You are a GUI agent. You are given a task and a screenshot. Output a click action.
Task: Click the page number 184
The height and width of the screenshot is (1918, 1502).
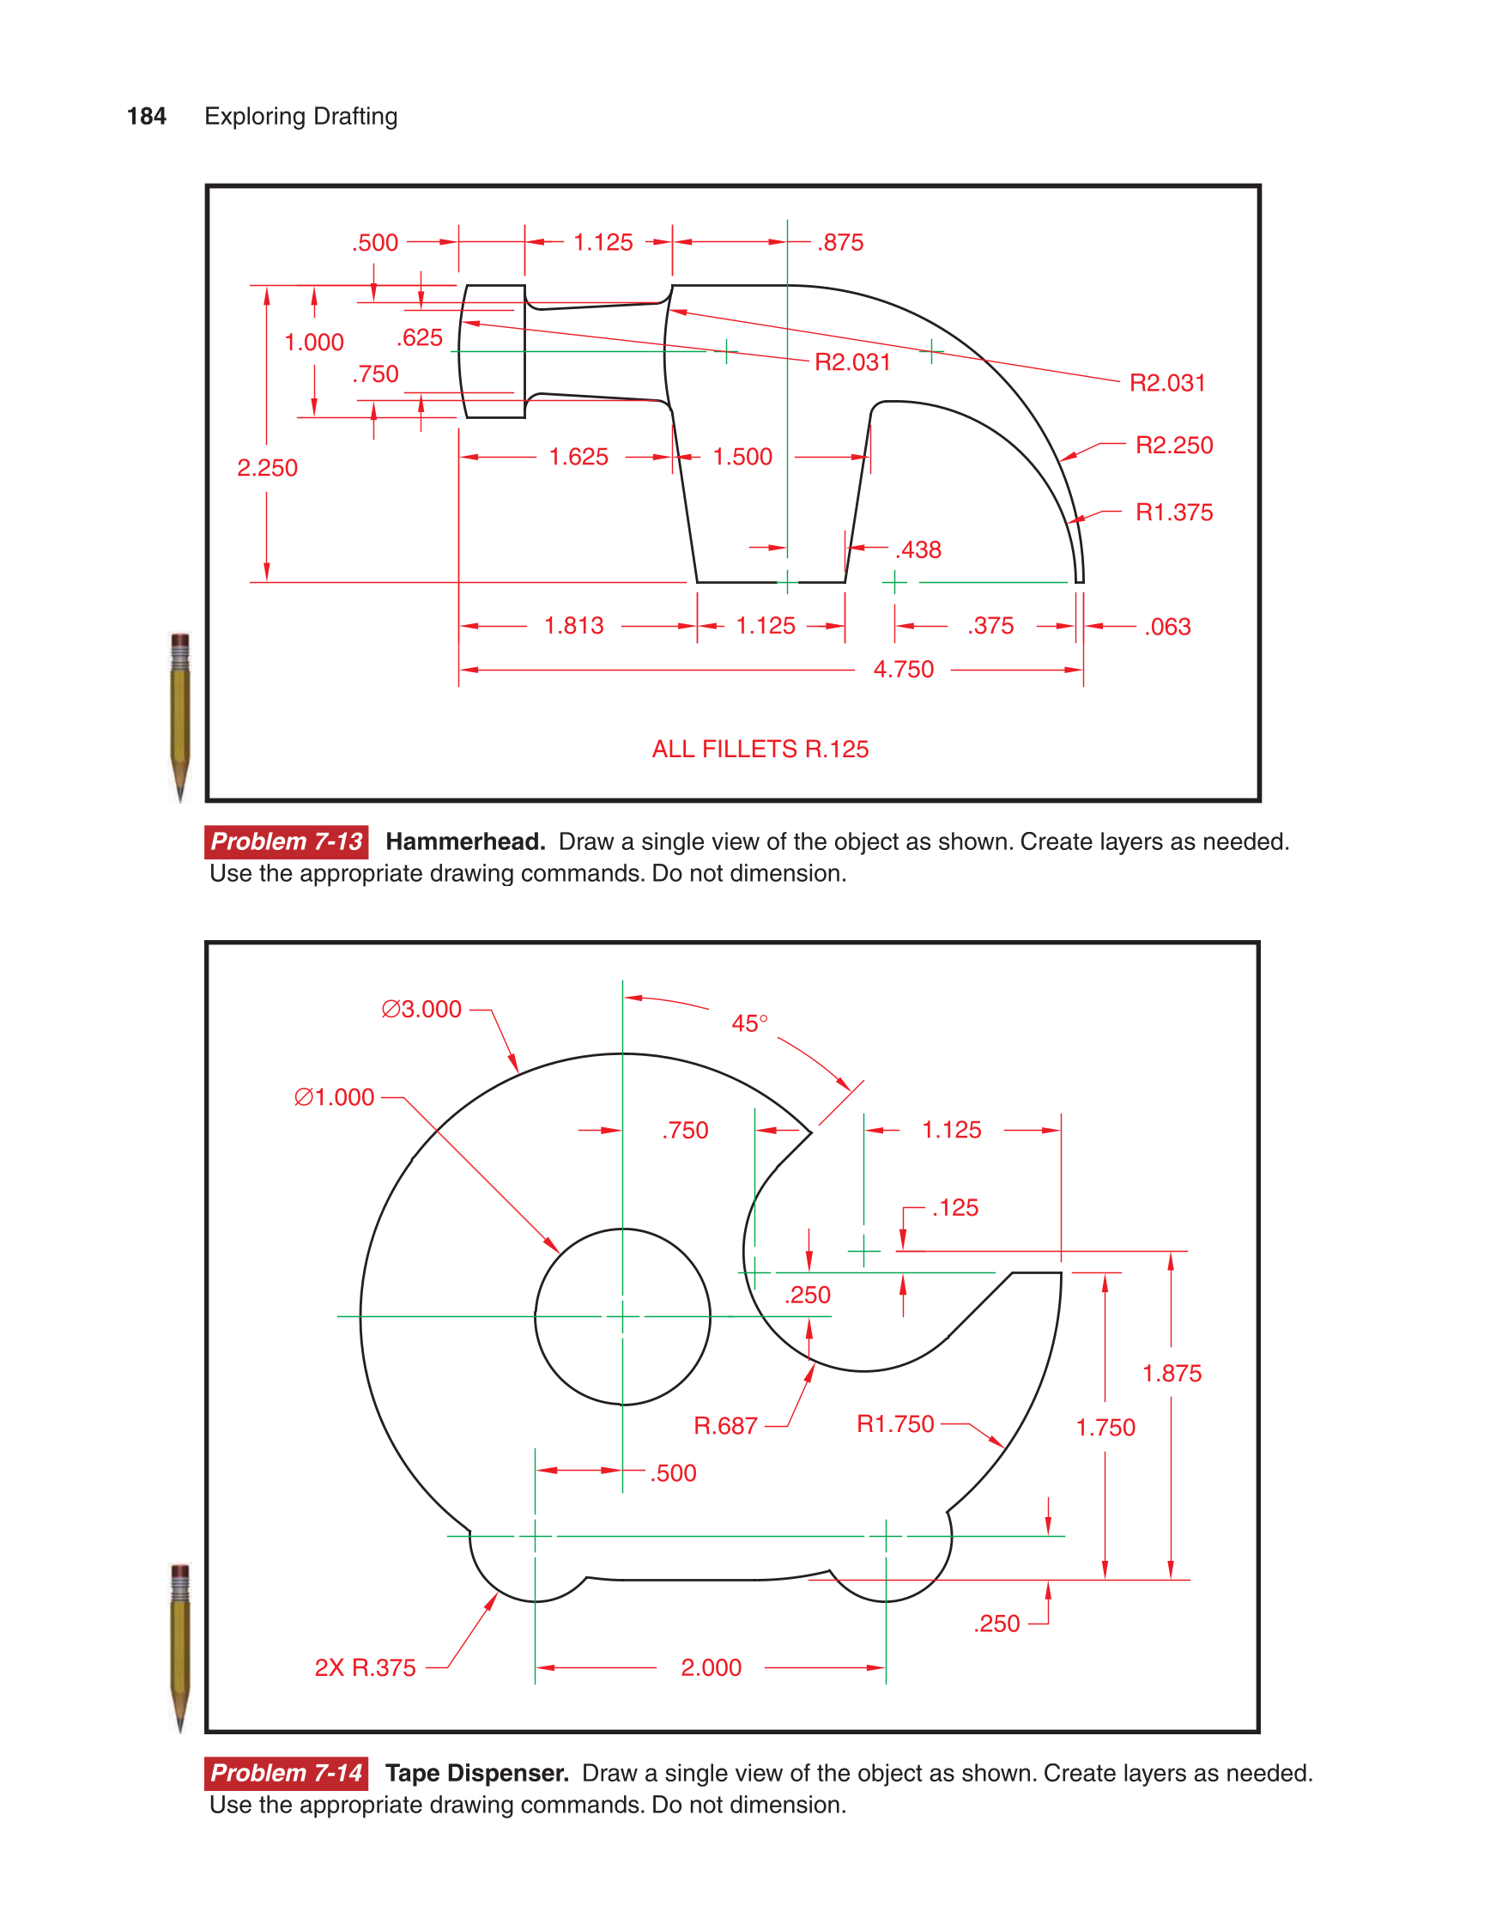[x=146, y=116]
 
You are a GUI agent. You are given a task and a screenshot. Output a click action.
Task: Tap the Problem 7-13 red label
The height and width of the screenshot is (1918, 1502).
[x=286, y=841]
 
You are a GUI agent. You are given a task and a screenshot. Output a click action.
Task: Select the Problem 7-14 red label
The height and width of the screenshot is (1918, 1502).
[x=286, y=1772]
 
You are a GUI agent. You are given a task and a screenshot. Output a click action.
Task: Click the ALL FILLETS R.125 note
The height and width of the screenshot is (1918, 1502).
[x=760, y=750]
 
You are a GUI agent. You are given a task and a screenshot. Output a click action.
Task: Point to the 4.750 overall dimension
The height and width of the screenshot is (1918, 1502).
[x=903, y=669]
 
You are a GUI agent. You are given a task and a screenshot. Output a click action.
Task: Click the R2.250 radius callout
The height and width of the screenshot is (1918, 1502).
[x=1173, y=445]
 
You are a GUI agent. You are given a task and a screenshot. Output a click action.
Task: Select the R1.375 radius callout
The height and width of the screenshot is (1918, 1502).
[x=1173, y=512]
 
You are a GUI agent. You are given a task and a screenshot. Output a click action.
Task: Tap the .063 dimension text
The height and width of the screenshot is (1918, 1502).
[x=1167, y=627]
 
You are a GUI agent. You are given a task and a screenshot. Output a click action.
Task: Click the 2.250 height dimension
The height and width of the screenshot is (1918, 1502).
[x=267, y=468]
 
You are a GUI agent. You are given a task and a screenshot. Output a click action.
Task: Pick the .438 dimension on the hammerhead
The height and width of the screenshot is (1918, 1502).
[x=918, y=549]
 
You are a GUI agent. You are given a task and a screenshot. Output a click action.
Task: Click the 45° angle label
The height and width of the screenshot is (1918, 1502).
[x=749, y=1023]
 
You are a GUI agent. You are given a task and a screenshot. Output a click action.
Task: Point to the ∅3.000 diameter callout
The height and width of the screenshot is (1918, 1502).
[x=421, y=1009]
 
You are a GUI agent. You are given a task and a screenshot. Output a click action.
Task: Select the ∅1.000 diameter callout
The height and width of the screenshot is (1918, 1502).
[x=334, y=1096]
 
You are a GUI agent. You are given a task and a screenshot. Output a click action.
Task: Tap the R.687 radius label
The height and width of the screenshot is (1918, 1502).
[x=725, y=1425]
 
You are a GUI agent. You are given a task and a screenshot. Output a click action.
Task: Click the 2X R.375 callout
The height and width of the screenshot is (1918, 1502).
[x=365, y=1667]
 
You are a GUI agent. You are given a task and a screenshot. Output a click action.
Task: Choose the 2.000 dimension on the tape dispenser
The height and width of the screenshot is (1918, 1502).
[x=711, y=1667]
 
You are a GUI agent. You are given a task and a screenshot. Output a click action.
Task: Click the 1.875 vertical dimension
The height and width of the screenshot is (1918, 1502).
[x=1172, y=1373]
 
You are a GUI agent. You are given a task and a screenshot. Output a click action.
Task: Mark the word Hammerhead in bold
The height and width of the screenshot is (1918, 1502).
[x=465, y=841]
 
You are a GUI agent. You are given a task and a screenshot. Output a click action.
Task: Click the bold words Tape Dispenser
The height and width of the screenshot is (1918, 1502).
[x=476, y=1772]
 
